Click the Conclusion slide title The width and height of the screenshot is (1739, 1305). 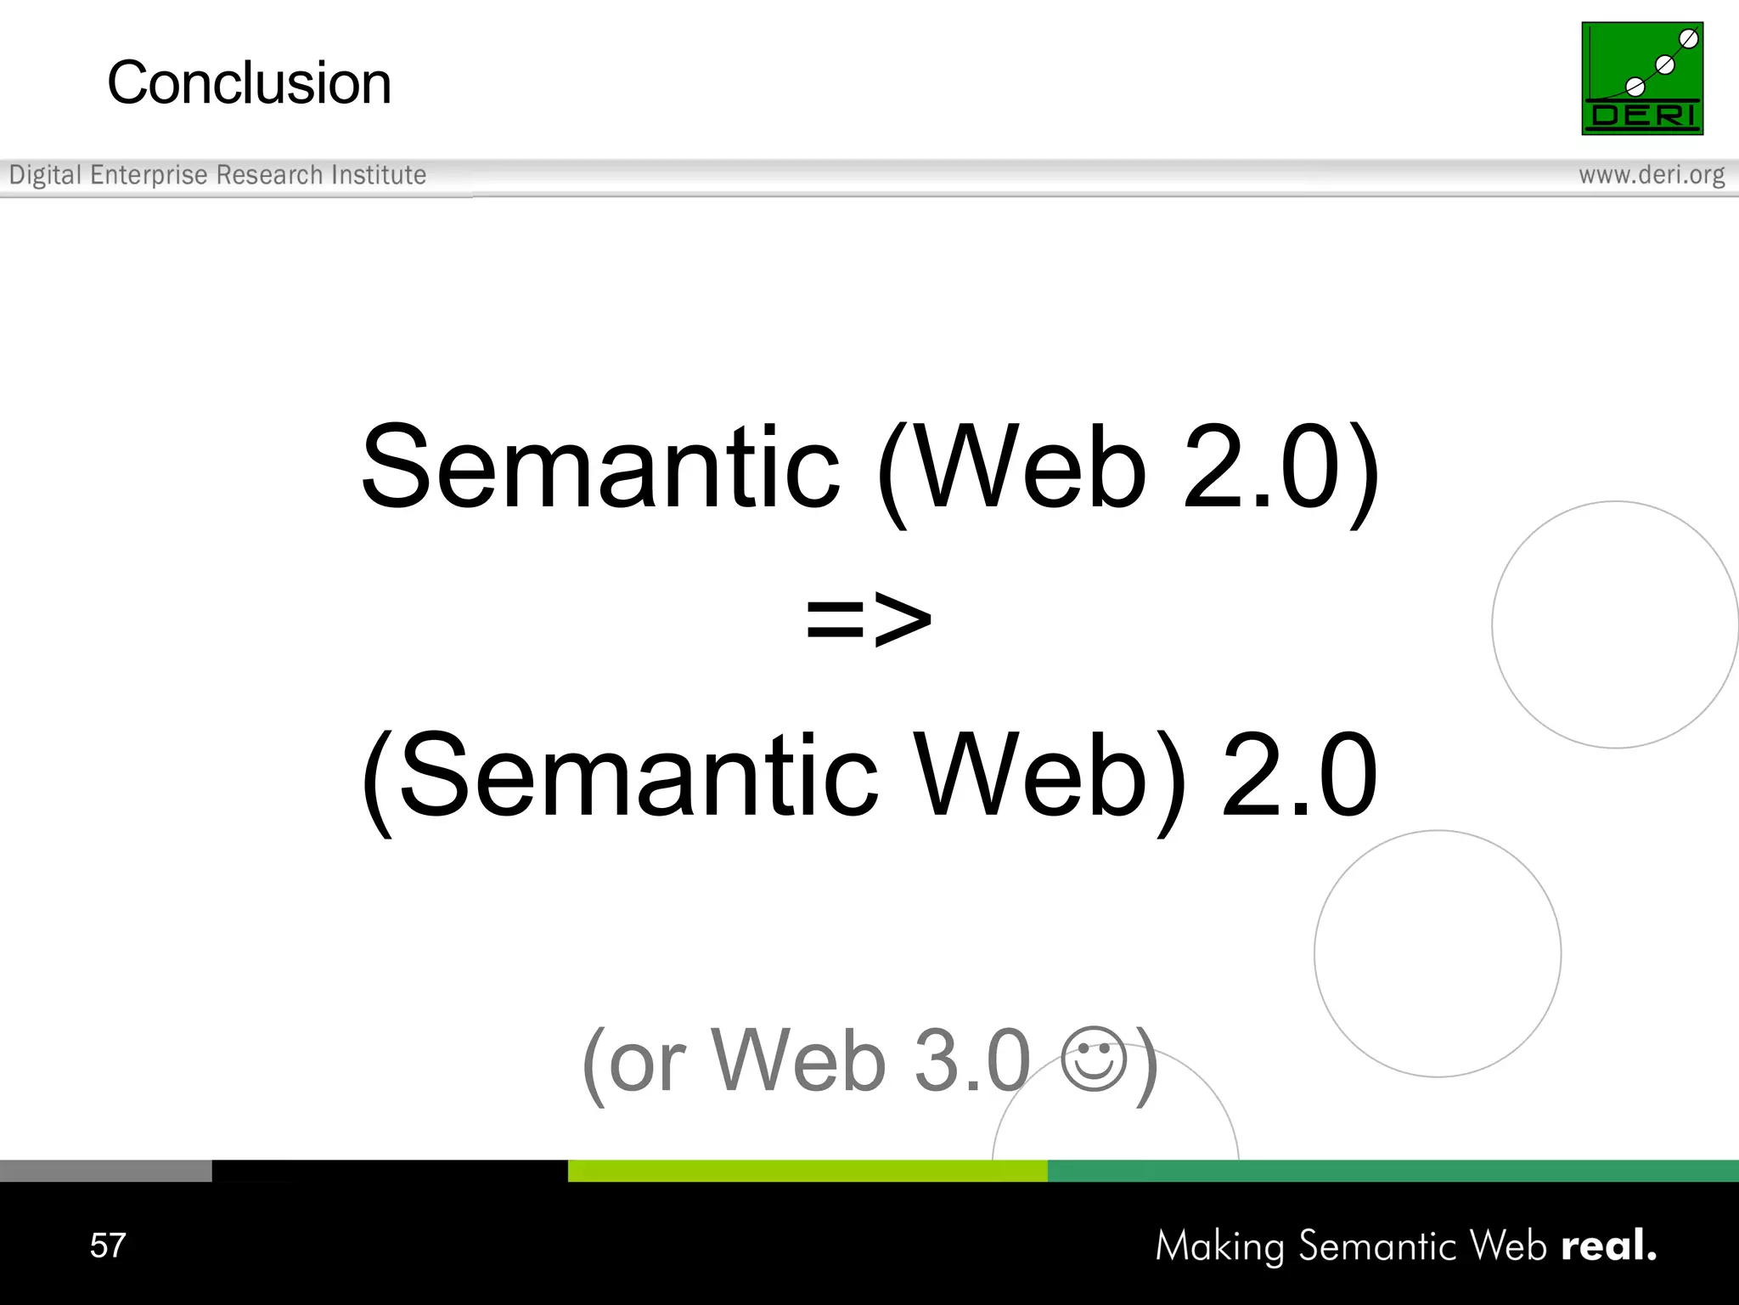point(249,83)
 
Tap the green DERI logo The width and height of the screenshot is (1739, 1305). point(1642,78)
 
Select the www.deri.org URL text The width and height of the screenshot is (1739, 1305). point(1652,175)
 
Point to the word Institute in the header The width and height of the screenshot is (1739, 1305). point(379,175)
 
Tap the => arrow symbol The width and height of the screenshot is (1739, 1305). point(869,619)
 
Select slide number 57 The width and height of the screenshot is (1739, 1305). point(108,1246)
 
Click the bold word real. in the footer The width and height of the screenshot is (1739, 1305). point(1608,1246)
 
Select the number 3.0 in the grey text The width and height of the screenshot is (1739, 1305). point(971,1060)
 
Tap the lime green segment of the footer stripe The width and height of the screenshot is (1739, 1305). point(807,1171)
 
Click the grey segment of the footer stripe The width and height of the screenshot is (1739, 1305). point(105,1171)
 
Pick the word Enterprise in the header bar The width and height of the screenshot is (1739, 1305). point(149,175)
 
